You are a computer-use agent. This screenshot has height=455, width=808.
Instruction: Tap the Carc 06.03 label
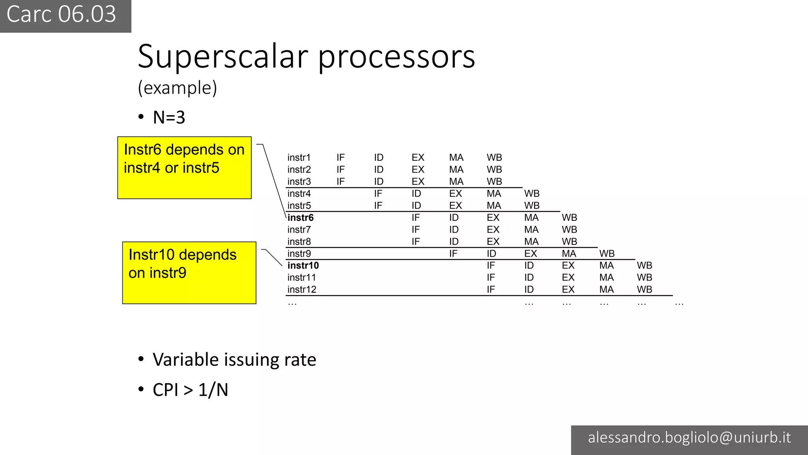[x=62, y=15]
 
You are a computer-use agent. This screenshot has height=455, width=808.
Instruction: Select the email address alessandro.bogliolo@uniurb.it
[x=689, y=438]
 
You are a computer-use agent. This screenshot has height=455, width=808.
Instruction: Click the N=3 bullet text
[x=169, y=117]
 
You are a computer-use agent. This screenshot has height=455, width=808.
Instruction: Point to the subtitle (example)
[x=178, y=88]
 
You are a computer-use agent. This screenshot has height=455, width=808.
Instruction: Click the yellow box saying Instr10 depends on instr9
[x=189, y=273]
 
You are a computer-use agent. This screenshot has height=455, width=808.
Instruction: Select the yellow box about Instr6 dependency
[x=184, y=167]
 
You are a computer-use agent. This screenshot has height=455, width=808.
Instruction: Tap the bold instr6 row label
[x=301, y=218]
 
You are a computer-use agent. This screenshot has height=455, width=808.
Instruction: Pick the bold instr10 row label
[x=303, y=265]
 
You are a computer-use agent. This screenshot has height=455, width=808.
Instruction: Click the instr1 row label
[x=299, y=158]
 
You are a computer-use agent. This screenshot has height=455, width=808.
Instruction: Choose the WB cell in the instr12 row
[x=644, y=290]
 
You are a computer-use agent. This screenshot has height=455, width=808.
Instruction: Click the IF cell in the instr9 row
[x=453, y=254]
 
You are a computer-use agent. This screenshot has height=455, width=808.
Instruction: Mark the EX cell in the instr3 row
[x=418, y=182]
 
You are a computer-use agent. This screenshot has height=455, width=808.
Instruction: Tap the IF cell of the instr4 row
[x=378, y=194]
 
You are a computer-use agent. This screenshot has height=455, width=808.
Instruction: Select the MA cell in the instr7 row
[x=531, y=229]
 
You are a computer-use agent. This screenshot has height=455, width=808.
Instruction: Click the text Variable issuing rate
[x=234, y=360]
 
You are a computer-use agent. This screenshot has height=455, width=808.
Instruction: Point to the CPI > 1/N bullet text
[x=190, y=390]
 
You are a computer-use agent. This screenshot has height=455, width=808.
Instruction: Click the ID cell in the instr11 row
[x=529, y=278]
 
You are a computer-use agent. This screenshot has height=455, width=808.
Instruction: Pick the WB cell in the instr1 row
[x=494, y=158]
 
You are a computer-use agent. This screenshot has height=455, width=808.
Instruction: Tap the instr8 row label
[x=299, y=242]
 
